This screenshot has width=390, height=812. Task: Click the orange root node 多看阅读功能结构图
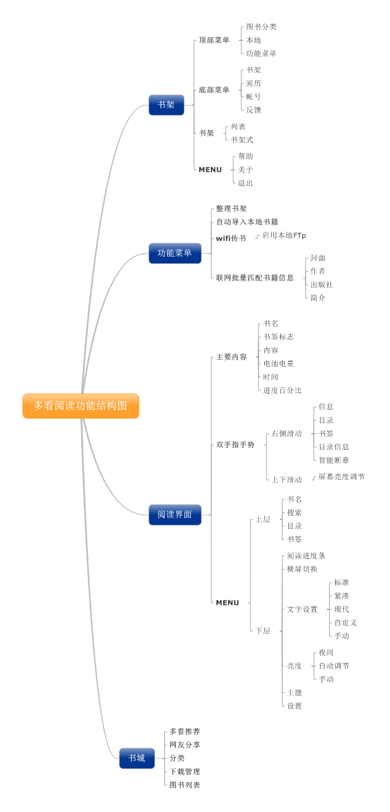click(x=80, y=406)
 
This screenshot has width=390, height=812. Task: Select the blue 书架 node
click(x=166, y=105)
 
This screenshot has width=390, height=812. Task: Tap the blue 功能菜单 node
click(x=175, y=253)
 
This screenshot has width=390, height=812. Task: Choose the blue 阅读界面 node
click(x=175, y=514)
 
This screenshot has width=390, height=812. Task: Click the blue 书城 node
click(x=137, y=758)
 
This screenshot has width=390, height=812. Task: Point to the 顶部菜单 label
click(x=214, y=40)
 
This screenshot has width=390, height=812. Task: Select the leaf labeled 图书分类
click(x=261, y=27)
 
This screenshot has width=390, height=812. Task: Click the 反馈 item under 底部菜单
click(x=254, y=110)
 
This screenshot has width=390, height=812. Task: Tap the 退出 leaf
click(x=246, y=183)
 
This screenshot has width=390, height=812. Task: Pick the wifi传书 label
click(x=231, y=238)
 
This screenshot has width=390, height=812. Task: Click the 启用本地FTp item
click(x=284, y=235)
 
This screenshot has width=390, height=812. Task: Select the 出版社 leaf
click(x=322, y=285)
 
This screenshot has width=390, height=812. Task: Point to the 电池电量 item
click(x=279, y=364)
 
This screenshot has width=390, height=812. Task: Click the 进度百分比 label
click(x=283, y=390)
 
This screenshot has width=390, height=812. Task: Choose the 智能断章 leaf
click(x=334, y=460)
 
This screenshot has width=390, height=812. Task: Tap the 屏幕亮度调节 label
click(x=341, y=477)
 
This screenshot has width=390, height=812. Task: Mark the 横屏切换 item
click(x=302, y=569)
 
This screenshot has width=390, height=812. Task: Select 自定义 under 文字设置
click(x=345, y=623)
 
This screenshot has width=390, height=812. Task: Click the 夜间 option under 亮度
click(x=326, y=652)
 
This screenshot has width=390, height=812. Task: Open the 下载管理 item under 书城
click(x=184, y=771)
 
